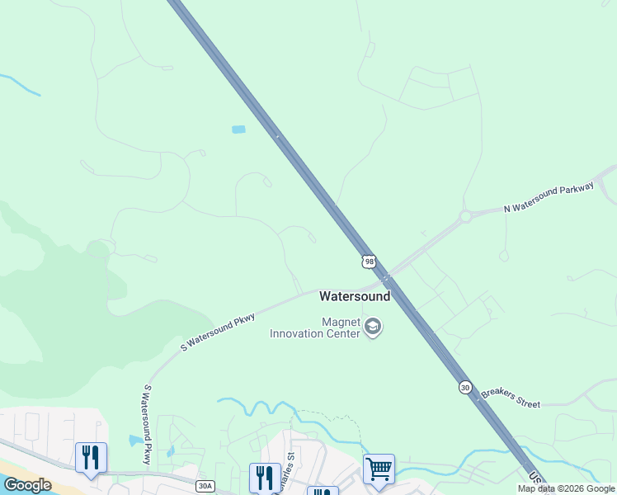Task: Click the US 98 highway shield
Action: (368, 261)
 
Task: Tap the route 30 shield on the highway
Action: (465, 387)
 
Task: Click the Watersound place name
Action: (355, 295)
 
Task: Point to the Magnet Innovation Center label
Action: (316, 328)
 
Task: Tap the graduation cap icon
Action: (373, 328)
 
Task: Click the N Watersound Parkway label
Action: (549, 199)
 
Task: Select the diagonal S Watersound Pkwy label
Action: (218, 332)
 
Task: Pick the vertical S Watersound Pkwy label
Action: (146, 424)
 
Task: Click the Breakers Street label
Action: (511, 398)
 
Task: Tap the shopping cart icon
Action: (379, 469)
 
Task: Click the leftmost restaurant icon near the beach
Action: (91, 457)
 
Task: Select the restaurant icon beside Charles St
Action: (264, 477)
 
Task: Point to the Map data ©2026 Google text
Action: (566, 488)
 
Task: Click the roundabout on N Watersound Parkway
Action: (465, 216)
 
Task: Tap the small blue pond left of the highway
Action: (238, 130)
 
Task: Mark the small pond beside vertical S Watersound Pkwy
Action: (135, 440)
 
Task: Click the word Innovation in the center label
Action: (315, 333)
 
